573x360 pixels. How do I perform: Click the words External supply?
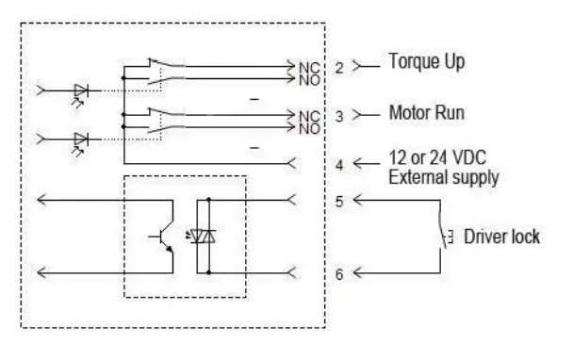pos(444,176)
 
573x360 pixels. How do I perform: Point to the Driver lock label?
pos(501,236)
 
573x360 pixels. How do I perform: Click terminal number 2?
pos(338,67)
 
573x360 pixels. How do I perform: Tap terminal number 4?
pos(338,164)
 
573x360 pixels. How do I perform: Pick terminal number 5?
pos(338,200)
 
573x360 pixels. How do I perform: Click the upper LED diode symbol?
pos(82,91)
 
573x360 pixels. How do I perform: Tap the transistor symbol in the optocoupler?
pos(163,237)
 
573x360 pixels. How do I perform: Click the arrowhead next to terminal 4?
pos(361,164)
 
